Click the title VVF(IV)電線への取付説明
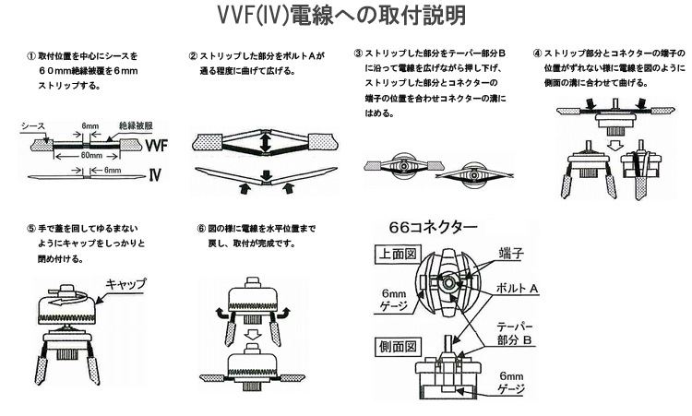point(346,16)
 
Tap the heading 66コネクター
point(434,227)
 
